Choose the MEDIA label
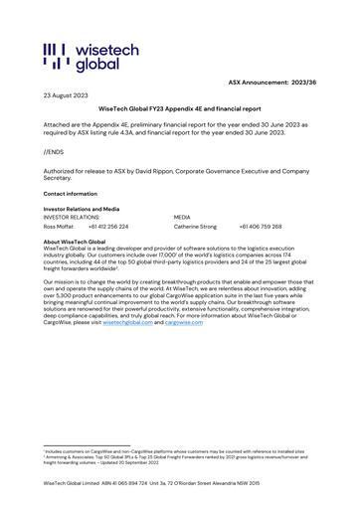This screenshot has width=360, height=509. [182, 218]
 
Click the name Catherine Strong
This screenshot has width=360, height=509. [196, 227]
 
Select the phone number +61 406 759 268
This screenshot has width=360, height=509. [261, 227]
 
